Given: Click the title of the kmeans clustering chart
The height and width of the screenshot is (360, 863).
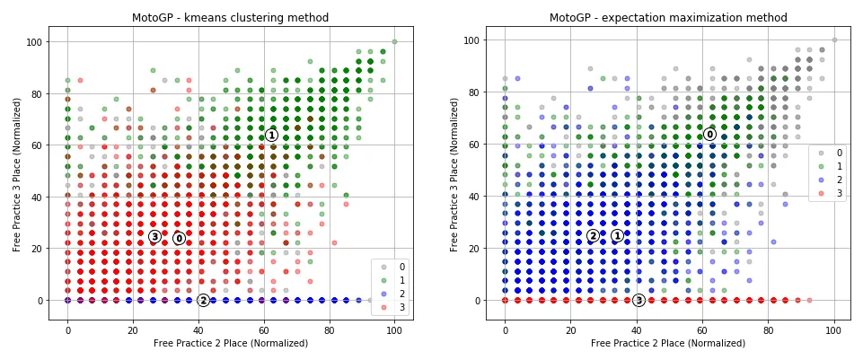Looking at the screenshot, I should [231, 17].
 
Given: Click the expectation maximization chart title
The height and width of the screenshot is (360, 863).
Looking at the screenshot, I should [668, 17].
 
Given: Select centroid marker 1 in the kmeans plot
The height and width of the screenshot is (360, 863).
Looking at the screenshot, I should [271, 135].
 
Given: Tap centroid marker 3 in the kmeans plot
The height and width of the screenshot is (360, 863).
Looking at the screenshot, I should [154, 236].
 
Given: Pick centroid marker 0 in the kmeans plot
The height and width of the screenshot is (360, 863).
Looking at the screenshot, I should [179, 238].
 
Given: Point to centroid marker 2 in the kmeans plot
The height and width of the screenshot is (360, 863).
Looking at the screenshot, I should [203, 300].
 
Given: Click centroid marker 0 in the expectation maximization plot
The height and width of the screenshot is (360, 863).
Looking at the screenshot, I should [709, 135].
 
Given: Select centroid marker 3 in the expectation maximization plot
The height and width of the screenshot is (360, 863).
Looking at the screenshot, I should [638, 300].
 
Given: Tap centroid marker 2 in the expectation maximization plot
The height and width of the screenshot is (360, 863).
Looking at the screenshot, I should [593, 235].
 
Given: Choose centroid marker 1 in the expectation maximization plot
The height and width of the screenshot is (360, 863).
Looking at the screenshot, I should [617, 235].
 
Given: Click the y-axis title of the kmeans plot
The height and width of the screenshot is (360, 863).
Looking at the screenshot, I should [17, 174].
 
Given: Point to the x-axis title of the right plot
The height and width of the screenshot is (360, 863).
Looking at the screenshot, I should [668, 343].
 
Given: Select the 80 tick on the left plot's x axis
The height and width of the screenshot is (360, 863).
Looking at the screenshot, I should [329, 330].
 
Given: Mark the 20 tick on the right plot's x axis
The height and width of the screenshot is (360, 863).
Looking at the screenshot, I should [570, 330].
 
